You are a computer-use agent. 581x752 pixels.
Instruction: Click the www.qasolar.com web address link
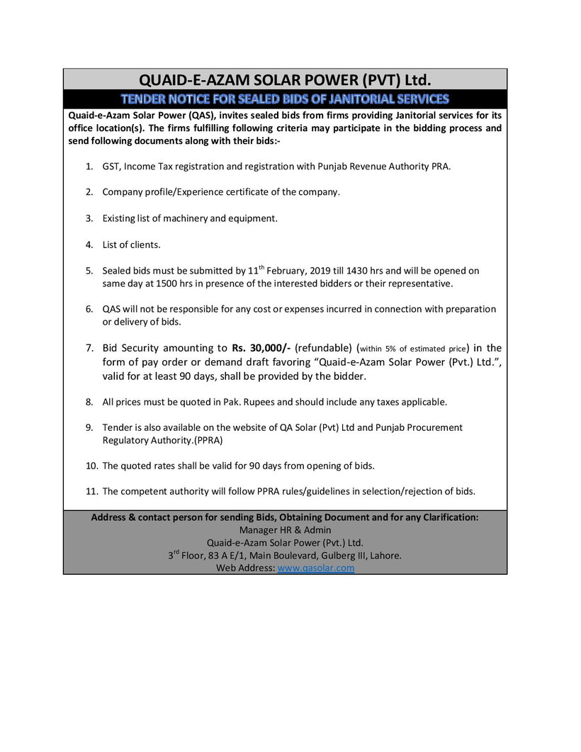point(316,568)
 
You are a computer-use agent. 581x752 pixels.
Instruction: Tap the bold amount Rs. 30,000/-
point(260,348)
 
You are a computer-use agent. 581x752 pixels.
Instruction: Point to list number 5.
point(89,271)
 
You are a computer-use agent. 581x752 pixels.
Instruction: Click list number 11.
point(91,490)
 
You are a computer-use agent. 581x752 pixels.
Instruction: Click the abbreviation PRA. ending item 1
point(439,167)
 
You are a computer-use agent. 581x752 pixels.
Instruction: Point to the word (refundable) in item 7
point(324,348)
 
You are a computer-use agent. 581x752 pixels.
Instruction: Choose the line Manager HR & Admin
point(285,529)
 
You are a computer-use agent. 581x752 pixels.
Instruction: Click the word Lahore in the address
point(386,556)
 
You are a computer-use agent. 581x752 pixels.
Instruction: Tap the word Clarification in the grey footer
point(449,517)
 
